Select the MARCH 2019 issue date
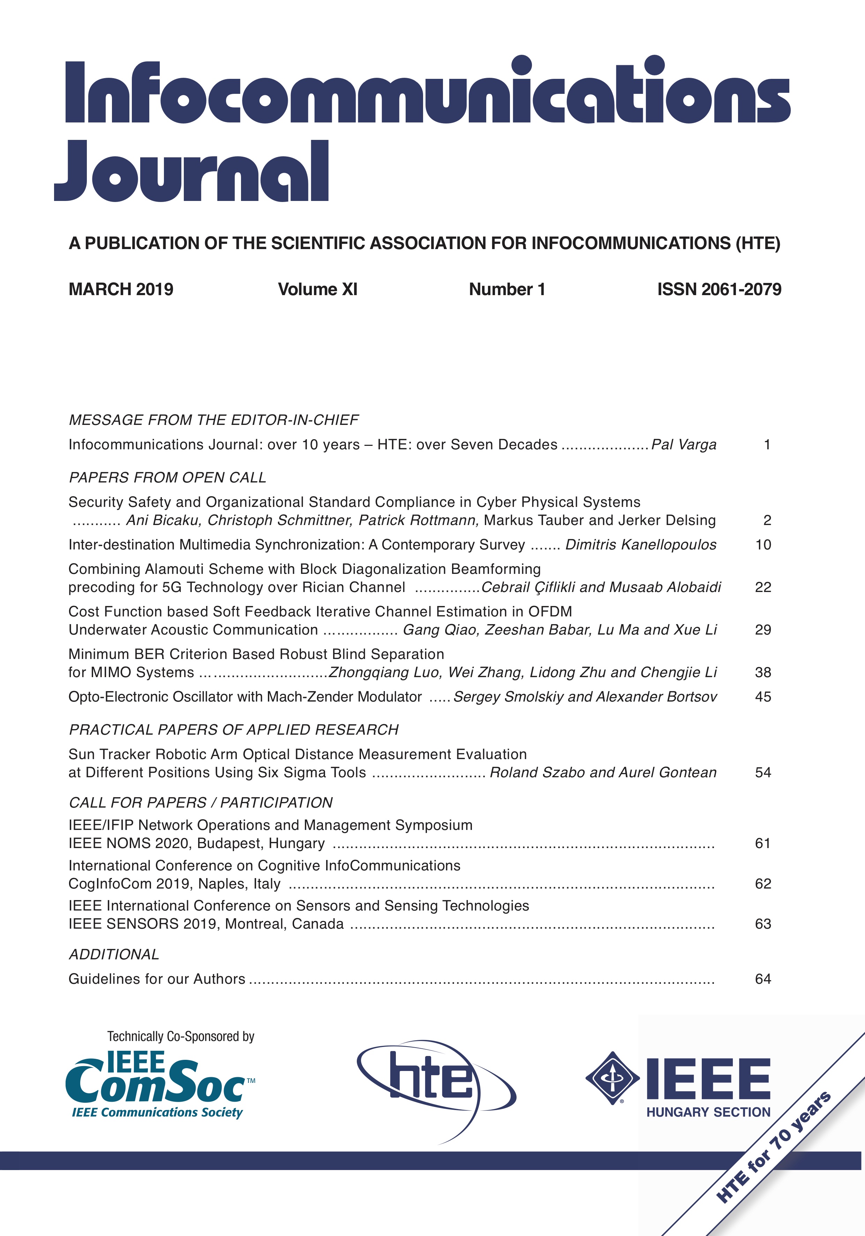121,290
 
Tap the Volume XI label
318,290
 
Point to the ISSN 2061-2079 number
719,290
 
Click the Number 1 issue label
507,290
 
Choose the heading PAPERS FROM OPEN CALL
167,478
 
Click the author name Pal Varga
684,445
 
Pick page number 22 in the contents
763,587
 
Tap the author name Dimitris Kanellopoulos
640,545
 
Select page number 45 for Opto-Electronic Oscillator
763,697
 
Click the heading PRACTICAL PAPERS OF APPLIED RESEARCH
234,729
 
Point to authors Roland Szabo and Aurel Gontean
603,772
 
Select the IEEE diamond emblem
612,1078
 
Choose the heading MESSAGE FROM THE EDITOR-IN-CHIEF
214,420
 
